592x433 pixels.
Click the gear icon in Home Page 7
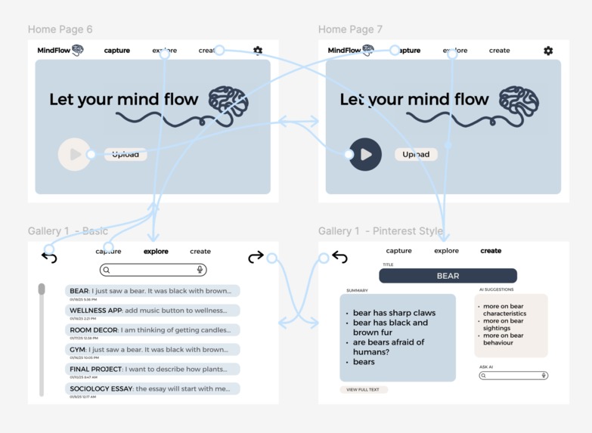click(548, 51)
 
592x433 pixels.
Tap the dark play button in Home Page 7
click(366, 154)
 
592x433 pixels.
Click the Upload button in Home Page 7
click(416, 154)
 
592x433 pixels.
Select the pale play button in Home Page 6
click(74, 154)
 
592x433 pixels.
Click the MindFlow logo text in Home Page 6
click(54, 51)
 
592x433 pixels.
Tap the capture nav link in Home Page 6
click(117, 51)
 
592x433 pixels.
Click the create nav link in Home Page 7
click(499, 51)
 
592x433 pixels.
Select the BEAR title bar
click(448, 276)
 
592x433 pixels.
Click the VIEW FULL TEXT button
click(364, 390)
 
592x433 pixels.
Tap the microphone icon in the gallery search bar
click(200, 270)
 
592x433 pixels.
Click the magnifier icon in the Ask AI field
click(484, 376)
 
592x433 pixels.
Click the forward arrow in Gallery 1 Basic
click(256, 258)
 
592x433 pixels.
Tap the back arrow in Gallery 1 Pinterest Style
click(340, 258)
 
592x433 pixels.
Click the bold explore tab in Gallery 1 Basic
click(156, 252)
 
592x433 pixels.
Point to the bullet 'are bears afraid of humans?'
click(389, 347)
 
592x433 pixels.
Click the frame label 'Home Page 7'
click(350, 29)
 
